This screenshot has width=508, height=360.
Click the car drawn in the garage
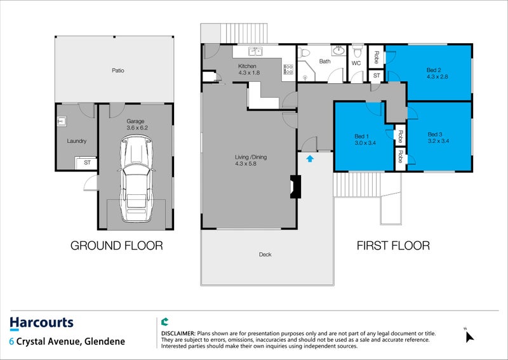[x=136, y=179]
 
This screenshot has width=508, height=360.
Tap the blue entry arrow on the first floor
[x=310, y=159]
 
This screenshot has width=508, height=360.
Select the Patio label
[x=118, y=70]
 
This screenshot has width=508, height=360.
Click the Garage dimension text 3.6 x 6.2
[x=137, y=128]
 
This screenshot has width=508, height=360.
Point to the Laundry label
[x=77, y=141]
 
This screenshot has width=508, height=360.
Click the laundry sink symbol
[x=62, y=121]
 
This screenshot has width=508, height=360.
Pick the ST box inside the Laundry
[x=86, y=163]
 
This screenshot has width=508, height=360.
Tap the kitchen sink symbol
[x=255, y=51]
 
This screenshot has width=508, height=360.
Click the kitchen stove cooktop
[x=288, y=69]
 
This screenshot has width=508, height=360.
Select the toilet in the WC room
[x=357, y=51]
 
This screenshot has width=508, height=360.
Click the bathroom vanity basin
[x=339, y=51]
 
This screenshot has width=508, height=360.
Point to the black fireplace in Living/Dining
[x=295, y=187]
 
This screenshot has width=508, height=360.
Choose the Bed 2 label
[x=434, y=70]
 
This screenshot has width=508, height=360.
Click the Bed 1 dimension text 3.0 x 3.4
[x=365, y=143]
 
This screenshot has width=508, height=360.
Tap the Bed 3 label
[x=435, y=134]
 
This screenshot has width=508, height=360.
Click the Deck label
[x=265, y=255]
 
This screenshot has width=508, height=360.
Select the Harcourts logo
[x=41, y=323]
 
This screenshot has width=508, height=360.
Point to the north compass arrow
[x=469, y=337]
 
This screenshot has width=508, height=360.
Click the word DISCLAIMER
[x=178, y=333]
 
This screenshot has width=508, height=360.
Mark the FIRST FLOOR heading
[x=393, y=246]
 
